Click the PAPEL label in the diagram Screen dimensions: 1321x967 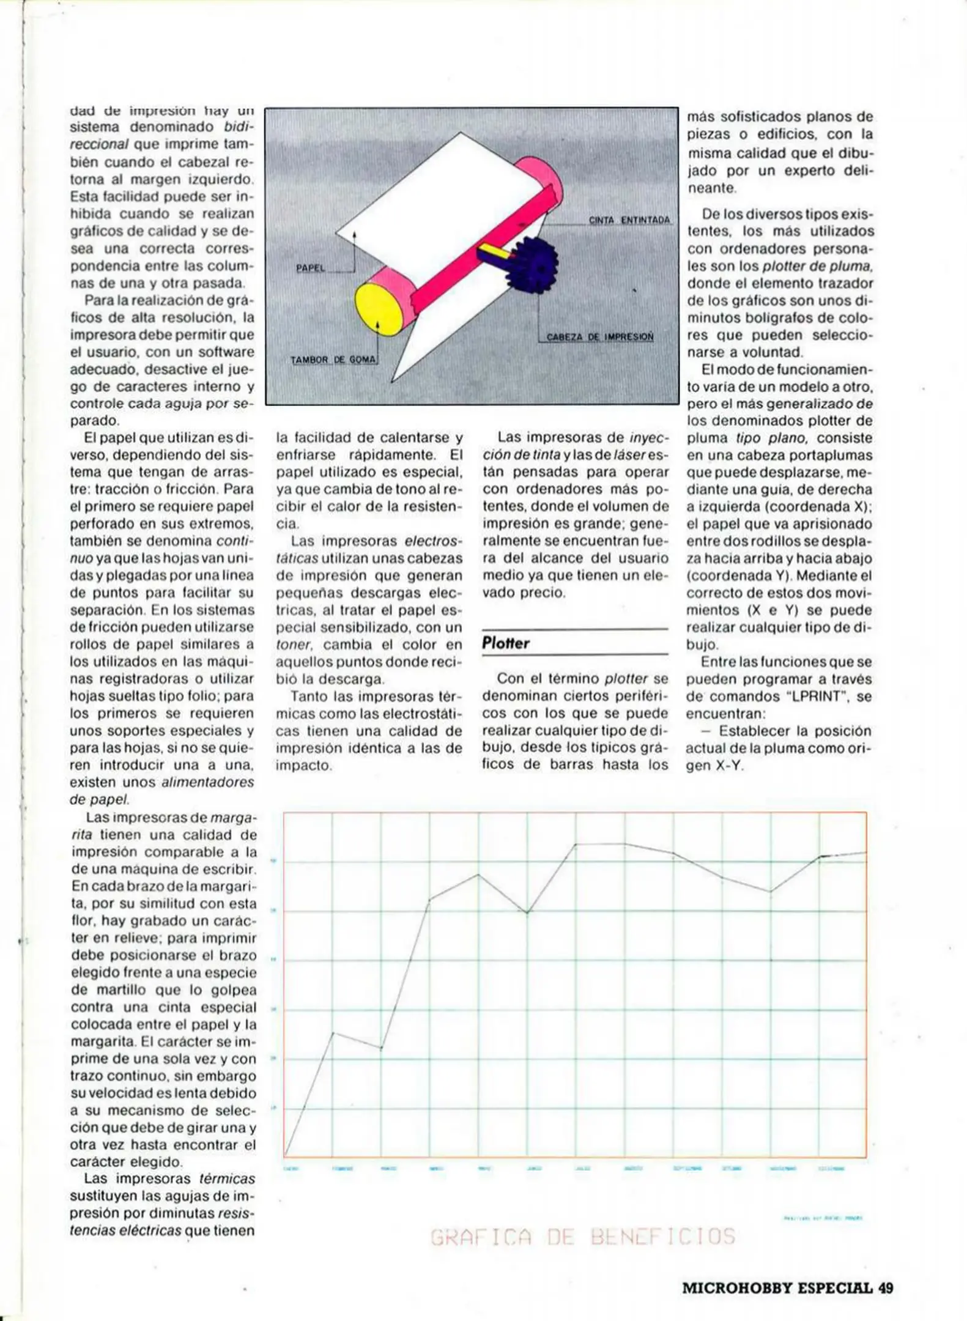(x=311, y=268)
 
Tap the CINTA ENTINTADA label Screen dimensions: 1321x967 (x=629, y=220)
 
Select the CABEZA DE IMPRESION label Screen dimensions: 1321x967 (x=599, y=337)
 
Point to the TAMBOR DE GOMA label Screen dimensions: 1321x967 (x=333, y=360)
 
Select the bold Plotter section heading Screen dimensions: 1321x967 (x=505, y=643)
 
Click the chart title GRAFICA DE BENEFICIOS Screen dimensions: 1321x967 (x=582, y=1237)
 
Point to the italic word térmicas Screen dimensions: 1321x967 (x=227, y=1179)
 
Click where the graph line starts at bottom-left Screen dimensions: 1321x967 (x=285, y=1155)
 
